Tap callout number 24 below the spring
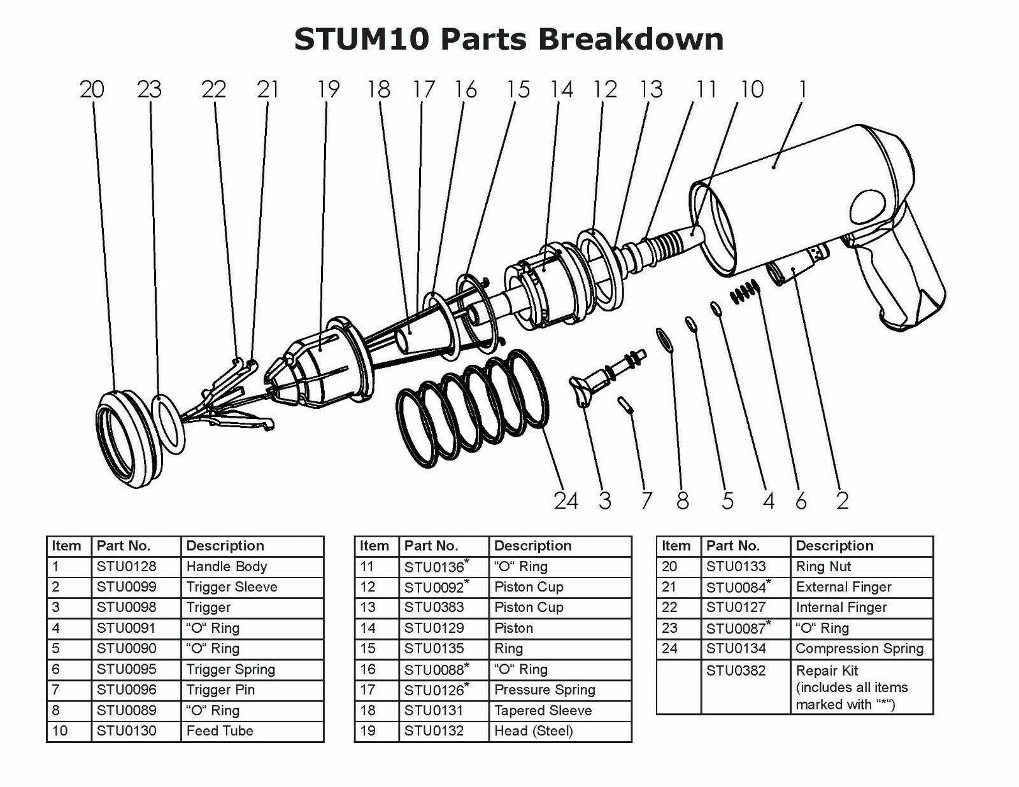[566, 501]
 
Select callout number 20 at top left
[92, 89]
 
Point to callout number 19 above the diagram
[328, 89]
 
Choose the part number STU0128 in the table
[126, 566]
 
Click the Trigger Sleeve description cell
[232, 586]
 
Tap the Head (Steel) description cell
[533, 731]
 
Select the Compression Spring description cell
[859, 648]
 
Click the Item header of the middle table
[374, 546]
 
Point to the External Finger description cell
[843, 586]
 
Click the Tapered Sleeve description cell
[543, 710]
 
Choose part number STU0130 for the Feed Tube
[126, 731]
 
